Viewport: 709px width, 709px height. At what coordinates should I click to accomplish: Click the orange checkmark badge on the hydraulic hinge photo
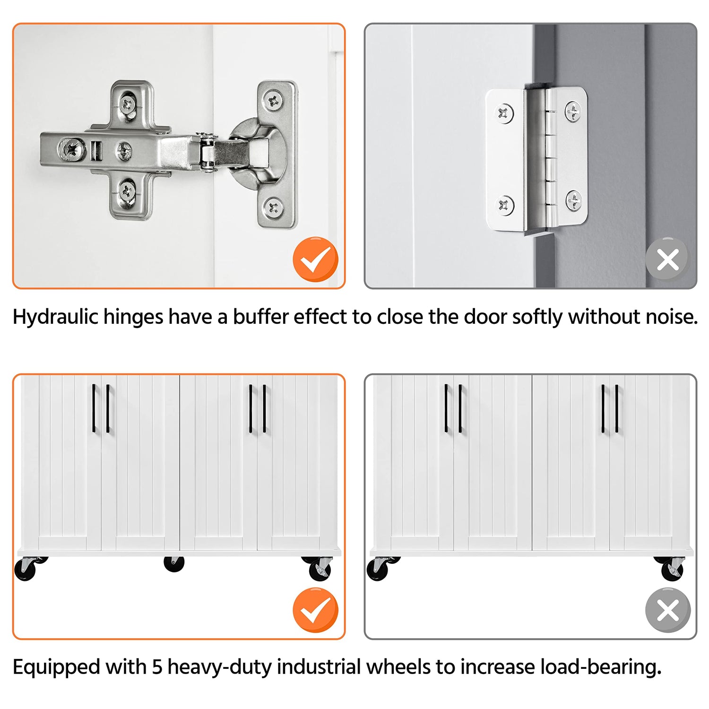click(315, 259)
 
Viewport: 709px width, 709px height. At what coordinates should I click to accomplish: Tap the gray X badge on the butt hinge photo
click(668, 259)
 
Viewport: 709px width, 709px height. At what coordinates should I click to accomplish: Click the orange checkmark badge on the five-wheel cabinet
click(315, 610)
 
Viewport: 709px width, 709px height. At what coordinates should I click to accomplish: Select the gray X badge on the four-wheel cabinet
click(668, 610)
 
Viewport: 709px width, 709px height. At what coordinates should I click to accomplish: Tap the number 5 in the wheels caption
click(157, 667)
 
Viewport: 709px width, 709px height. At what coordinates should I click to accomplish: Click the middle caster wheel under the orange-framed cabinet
click(174, 563)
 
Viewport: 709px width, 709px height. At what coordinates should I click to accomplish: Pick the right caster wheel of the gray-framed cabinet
click(671, 568)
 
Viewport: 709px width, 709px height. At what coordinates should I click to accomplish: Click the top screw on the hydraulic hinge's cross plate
click(127, 104)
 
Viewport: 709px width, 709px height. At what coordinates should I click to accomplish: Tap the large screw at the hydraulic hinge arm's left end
click(72, 149)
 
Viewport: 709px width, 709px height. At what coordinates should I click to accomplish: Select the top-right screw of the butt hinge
click(573, 112)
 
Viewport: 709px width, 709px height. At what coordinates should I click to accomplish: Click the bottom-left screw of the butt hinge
click(504, 205)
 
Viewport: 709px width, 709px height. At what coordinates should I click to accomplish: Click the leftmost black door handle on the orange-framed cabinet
click(94, 408)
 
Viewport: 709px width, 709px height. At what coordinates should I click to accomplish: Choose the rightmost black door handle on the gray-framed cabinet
click(617, 408)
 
